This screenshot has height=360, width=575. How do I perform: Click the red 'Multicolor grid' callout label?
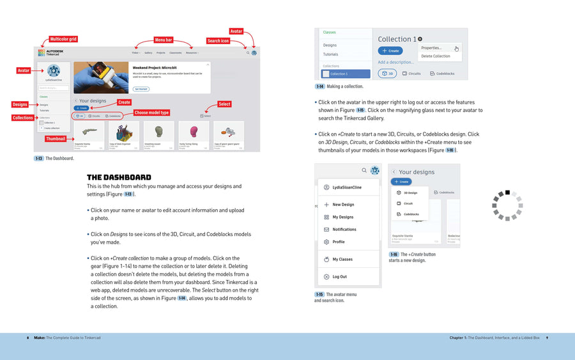pyautogui.click(x=63, y=39)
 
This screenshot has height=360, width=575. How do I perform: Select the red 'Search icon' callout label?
pyautogui.click(x=218, y=40)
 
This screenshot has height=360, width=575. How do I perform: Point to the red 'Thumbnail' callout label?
pyautogui.click(x=55, y=139)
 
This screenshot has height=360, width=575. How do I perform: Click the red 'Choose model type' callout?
pyautogui.click(x=151, y=113)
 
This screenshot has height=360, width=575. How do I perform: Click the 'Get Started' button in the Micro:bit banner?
pyautogui.click(x=141, y=89)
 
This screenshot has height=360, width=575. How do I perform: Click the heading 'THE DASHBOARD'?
pyautogui.click(x=119, y=177)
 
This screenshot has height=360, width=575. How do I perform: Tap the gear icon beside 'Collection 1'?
pyautogui.click(x=420, y=39)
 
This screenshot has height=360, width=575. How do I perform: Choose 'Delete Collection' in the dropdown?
pyautogui.click(x=435, y=56)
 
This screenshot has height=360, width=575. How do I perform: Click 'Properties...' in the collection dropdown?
pyautogui.click(x=431, y=47)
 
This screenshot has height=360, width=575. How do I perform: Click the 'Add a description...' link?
pyautogui.click(x=395, y=62)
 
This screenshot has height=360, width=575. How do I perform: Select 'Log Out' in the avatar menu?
pyautogui.click(x=339, y=277)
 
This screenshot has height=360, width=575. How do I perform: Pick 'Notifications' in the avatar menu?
pyautogui.click(x=344, y=229)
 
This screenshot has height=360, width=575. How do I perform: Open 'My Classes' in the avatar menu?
pyautogui.click(x=342, y=259)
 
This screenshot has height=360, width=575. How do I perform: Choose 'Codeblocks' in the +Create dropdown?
pyautogui.click(x=411, y=214)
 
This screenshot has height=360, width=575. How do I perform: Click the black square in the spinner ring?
pyautogui.click(x=507, y=192)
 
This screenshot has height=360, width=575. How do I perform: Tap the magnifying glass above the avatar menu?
pyautogui.click(x=364, y=171)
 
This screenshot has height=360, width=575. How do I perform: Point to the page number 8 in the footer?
pyautogui.click(x=27, y=338)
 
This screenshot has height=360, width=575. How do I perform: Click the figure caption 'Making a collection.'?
pyautogui.click(x=344, y=86)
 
